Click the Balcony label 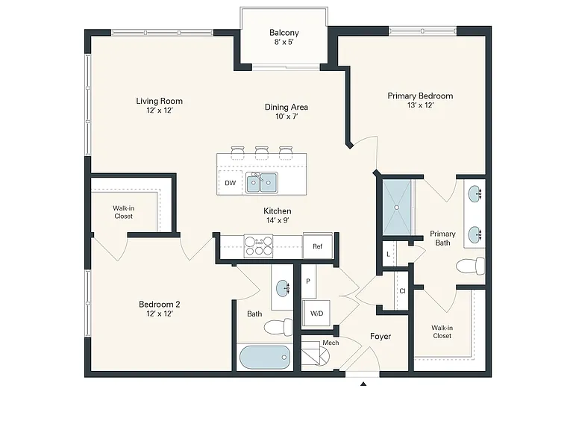tap(284, 33)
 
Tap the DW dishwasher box tap(231, 182)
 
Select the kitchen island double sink tap(261, 182)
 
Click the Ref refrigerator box tap(318, 246)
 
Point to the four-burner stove tap(258, 246)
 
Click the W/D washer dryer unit tap(316, 313)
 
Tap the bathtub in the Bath tap(265, 358)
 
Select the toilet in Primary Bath tap(471, 266)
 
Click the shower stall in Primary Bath tap(396, 207)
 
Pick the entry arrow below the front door tap(363, 384)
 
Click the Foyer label tap(381, 336)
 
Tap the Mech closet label tap(331, 343)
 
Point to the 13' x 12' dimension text tap(420, 105)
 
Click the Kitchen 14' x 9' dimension tap(278, 220)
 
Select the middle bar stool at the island tap(262, 152)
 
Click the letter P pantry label tap(308, 281)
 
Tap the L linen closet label tap(388, 254)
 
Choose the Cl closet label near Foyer tap(402, 291)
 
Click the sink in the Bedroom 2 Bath tap(283, 288)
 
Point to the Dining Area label tap(286, 107)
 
